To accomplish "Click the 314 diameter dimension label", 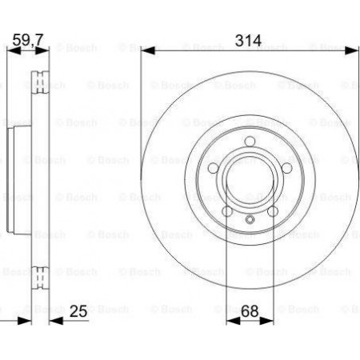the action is coord(248,41).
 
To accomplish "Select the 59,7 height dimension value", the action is coord(28,40).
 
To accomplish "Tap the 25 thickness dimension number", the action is coord(78,311).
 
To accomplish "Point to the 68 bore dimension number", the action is coord(250,311).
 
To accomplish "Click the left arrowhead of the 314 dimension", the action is coord(148,50).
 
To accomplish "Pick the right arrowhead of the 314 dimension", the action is coord(351,50).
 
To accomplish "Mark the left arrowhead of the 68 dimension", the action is coord(233,321).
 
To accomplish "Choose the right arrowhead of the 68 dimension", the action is coord(266,321).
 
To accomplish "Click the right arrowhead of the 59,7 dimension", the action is coord(42,50).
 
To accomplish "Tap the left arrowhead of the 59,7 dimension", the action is coord(14,50).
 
